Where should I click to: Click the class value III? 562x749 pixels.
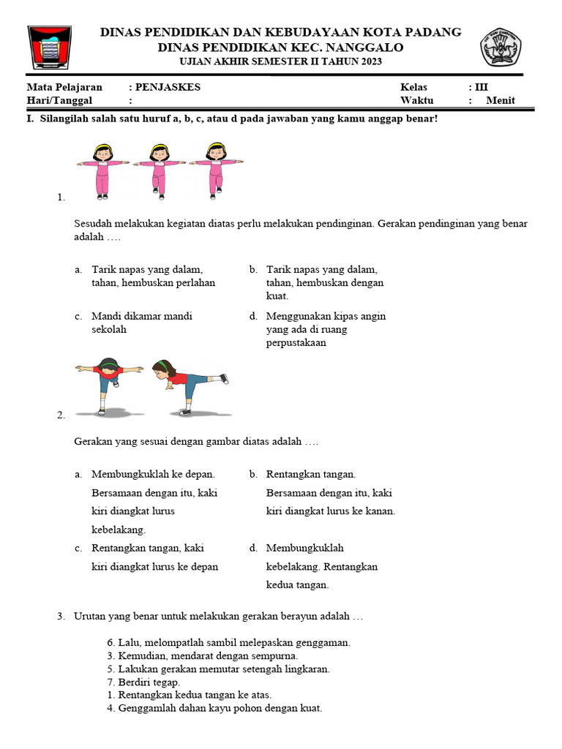pos(482,87)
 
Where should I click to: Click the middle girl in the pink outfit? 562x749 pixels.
pos(159,170)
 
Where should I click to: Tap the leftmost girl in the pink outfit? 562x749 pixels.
pos(103,170)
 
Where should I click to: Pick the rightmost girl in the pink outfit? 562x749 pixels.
pos(215,170)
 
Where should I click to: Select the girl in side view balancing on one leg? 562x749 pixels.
pos(187,385)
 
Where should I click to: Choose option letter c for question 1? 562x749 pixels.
pos(78,317)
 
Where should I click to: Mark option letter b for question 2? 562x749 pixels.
pos(252,475)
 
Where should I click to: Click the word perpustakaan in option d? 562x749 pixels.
pos(296,342)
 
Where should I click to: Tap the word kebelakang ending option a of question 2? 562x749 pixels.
pos(119,530)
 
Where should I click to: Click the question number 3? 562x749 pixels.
pos(61,617)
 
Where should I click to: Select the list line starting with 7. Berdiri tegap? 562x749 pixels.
pos(143,682)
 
